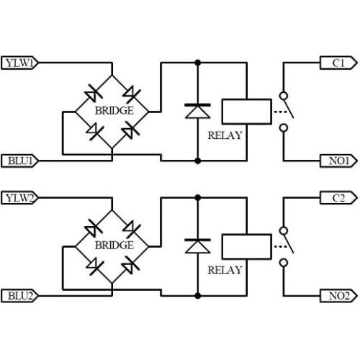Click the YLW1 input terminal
[x=20, y=63]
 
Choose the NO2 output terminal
[x=337, y=294]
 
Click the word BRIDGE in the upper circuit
[x=114, y=111]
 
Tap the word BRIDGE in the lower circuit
[x=114, y=246]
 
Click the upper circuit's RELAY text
[x=225, y=135]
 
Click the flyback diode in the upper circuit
[x=197, y=111]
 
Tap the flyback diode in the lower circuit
[x=197, y=246]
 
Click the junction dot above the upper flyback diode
[x=197, y=63]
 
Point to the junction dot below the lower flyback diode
[x=197, y=294]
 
